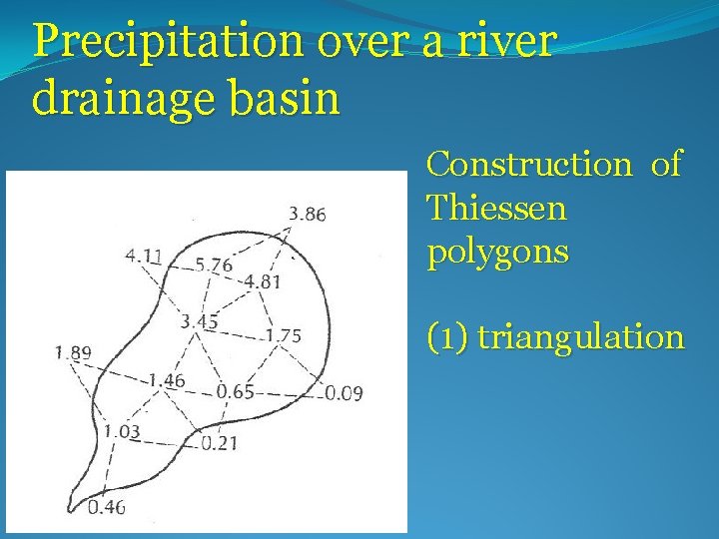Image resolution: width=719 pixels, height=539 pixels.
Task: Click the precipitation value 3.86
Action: (307, 214)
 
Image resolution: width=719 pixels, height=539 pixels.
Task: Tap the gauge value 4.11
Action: (145, 256)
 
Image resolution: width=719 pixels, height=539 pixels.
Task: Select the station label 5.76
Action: (214, 266)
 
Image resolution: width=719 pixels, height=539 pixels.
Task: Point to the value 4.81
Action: (263, 281)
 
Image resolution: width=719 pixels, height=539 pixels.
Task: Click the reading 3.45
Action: (199, 321)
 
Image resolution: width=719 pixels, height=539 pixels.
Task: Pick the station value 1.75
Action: (283, 336)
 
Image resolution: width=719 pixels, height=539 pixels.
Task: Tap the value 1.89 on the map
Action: (73, 351)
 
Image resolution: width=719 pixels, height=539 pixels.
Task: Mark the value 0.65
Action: (235, 391)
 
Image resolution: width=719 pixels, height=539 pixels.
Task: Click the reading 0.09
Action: (344, 393)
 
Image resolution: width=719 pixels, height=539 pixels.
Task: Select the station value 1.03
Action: (121, 432)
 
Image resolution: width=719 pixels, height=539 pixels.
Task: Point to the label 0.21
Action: (219, 443)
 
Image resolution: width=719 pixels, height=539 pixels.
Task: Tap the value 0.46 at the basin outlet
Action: (106, 507)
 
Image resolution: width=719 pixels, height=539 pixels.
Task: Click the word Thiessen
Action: (496, 209)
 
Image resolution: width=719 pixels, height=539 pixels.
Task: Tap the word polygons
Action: (498, 253)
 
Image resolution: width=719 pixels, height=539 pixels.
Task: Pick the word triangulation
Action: (581, 337)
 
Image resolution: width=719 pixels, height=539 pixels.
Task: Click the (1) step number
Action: (447, 337)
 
